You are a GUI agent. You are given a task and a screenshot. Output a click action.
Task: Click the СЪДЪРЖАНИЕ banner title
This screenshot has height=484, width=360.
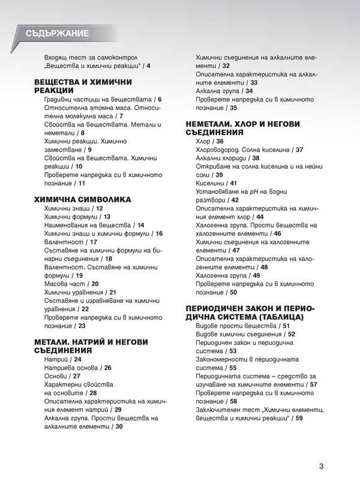coord(58,34)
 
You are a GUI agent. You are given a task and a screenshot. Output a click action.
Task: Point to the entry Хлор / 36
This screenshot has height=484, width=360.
coord(210,141)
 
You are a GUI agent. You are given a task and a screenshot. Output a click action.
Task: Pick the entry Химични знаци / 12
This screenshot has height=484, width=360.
coord(74,208)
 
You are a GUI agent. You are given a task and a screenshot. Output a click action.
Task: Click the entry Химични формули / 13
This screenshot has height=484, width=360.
coord(77,216)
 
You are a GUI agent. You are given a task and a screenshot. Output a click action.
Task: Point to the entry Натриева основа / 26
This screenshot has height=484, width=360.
coord(77,367)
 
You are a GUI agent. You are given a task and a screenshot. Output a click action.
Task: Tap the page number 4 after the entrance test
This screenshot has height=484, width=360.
coord(148,65)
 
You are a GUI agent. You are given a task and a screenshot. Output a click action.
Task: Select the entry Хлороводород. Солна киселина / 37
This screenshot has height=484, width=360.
coord(249,149)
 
